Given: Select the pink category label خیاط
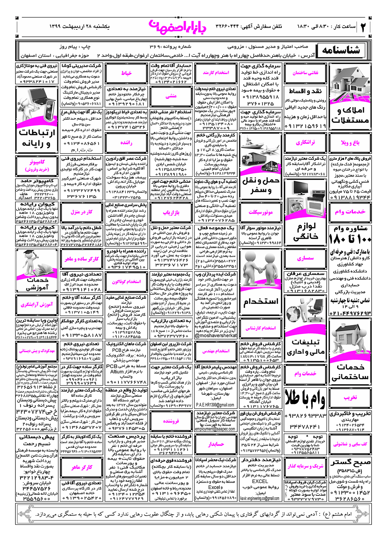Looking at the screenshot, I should (x=126, y=73).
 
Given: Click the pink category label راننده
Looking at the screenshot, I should (x=126, y=143).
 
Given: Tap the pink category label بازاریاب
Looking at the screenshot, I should (x=171, y=212).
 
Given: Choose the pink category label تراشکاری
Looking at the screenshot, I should (x=305, y=143).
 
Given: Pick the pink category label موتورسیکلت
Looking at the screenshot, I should (x=260, y=212).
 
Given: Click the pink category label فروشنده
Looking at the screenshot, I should (x=171, y=421).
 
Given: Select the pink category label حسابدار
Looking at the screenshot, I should (x=216, y=444).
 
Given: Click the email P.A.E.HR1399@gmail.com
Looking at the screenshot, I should (x=215, y=405).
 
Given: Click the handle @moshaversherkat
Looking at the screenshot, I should (x=216, y=335).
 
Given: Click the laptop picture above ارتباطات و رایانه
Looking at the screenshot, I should (x=37, y=106).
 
